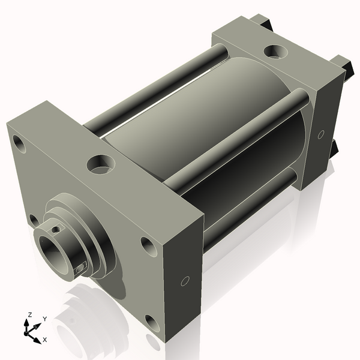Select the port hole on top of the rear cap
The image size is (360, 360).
pyautogui.click(x=277, y=52)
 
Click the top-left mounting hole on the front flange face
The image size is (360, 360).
pyautogui.click(x=19, y=143)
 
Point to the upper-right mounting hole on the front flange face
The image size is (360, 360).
pyautogui.click(x=147, y=244)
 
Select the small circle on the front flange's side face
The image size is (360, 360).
pyautogui.click(x=185, y=280)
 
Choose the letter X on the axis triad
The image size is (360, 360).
pyautogui.click(x=44, y=340)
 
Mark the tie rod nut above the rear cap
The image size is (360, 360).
pyautogui.click(x=265, y=23)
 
